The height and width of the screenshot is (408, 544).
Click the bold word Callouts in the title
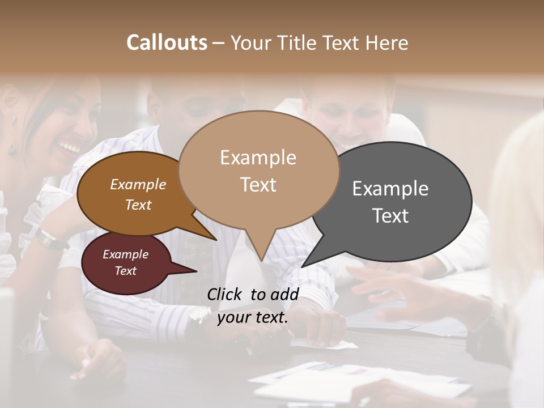167,42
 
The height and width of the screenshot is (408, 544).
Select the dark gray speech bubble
397,193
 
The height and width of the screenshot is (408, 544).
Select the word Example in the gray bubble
390,189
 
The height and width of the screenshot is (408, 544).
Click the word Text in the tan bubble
258,185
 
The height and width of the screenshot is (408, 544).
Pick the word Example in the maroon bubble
125,254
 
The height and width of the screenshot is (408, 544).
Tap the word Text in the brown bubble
138,205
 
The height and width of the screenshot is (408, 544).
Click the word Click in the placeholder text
225,294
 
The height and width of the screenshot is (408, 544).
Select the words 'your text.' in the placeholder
253,317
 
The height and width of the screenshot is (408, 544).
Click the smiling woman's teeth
71,148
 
